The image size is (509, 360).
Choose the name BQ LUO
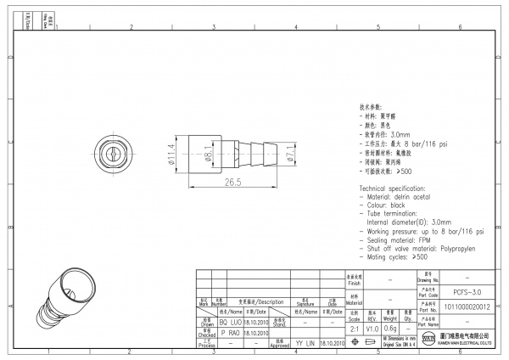(x=230, y=323)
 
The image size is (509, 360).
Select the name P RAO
(x=230, y=334)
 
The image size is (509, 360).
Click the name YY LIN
(x=305, y=343)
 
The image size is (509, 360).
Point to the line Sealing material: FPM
(x=407, y=239)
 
